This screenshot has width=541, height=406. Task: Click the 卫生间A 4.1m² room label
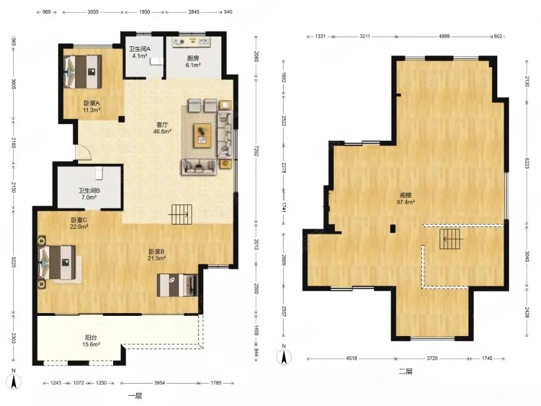pos(139,52)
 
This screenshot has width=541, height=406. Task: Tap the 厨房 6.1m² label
pos(193,61)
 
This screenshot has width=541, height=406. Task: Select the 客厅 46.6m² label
pos(162,128)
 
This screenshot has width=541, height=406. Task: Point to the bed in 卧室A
pos(83,72)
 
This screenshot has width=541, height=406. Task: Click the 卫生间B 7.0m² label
pos(89,194)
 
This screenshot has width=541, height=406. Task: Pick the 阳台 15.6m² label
pos(91,341)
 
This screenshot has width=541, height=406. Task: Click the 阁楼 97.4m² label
pos(405,199)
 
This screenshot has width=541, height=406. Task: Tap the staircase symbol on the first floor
pos(181,214)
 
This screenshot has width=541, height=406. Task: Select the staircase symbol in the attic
pos(451,239)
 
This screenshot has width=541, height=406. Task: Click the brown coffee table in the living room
pos(203,135)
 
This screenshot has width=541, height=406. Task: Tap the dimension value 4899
pos(444,36)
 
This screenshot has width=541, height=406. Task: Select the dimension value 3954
pos(160,383)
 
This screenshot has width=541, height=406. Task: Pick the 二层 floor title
pos(405,372)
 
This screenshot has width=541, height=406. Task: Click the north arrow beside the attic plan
pos(284,355)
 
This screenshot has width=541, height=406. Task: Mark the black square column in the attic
pos(393,229)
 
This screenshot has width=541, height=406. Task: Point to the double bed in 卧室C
pos(57,262)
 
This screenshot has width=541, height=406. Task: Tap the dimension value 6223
pos(527,163)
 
